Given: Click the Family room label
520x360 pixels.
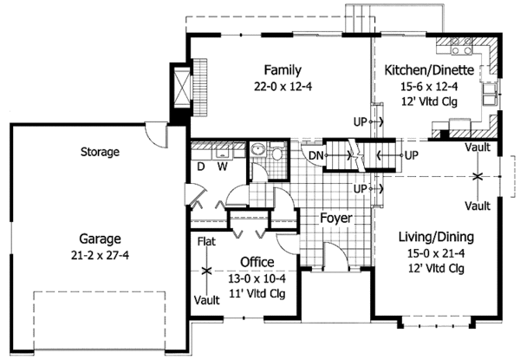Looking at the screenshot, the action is pos(283,70).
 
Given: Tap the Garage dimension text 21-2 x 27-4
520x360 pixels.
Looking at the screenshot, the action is pos(100,255).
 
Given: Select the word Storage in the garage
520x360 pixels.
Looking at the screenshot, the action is pos(100,152).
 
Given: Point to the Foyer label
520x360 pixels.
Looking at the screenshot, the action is pos(336,218).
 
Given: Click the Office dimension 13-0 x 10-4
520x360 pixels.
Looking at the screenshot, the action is pos(257,278).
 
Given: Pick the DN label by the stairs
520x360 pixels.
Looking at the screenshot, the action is pos(315,155).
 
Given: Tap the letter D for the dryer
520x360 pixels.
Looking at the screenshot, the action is pos(201,167).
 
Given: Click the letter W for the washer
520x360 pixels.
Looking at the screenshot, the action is pos(222,167).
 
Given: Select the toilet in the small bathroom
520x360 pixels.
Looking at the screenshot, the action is pos(276,152).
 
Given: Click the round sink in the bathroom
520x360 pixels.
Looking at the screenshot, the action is pos(257,150).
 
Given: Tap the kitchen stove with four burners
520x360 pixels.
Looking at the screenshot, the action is pos(461,46).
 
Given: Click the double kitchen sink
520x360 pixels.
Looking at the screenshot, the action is pos(490,95).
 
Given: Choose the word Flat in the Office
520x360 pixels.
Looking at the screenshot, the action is pos(206,241).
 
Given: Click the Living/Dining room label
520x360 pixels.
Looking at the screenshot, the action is pos(436,237).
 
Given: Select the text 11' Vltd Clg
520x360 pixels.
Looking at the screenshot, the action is pos(257,294).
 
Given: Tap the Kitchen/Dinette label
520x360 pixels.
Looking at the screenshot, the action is pos(429,70).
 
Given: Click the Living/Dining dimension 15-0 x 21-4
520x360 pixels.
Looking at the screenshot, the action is pos(436,253).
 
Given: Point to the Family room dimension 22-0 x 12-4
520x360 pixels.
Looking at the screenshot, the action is pos(283,87).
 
